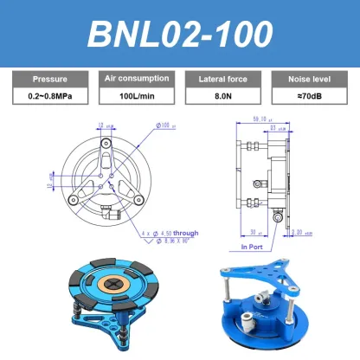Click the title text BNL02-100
180,34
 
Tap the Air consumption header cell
136,79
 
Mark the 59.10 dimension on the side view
258,119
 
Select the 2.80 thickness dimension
298,233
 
